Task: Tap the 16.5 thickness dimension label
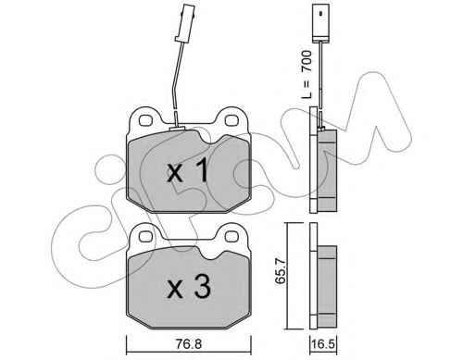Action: pos(323,344)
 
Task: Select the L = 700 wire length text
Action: pos(307,75)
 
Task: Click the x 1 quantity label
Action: pos(188,171)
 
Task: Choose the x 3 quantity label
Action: pos(189,288)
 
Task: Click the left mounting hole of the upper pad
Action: pos(145,120)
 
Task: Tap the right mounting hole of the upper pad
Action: pos(231,120)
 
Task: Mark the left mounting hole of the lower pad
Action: pos(144,237)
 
